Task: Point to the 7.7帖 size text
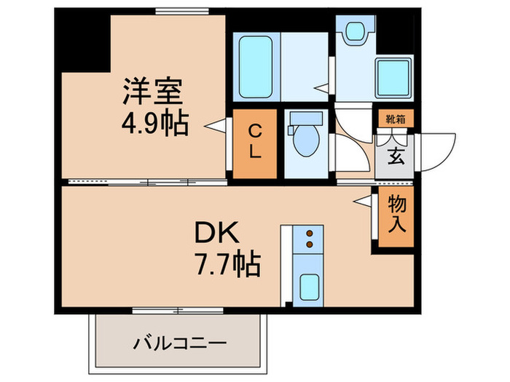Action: (227, 264)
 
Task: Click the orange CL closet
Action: (255, 143)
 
